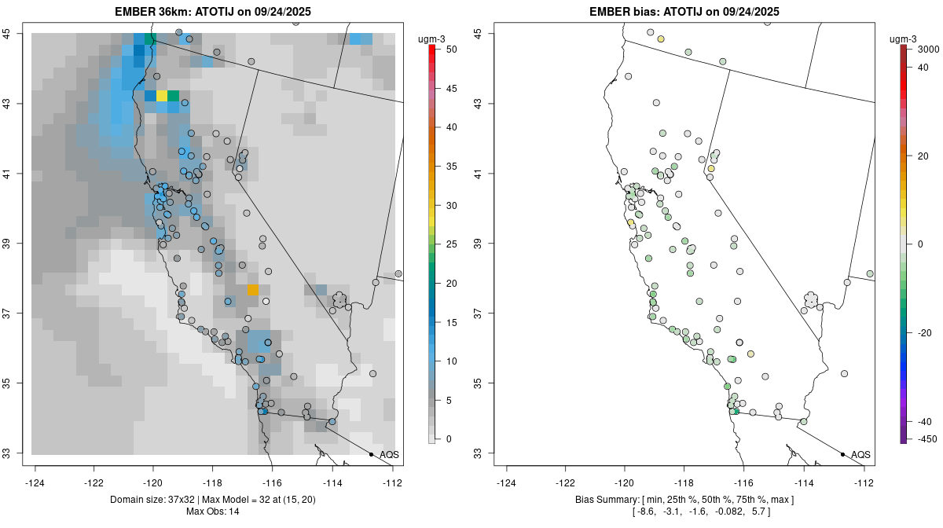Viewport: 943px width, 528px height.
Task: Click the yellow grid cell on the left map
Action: pyautogui.click(x=161, y=96)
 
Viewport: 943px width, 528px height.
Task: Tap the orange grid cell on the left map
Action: pyautogui.click(x=253, y=290)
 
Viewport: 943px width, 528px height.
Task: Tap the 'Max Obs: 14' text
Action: pyautogui.click(x=212, y=511)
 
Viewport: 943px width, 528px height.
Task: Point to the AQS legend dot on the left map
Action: pyautogui.click(x=371, y=454)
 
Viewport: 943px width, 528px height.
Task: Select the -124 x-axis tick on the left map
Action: pyautogui.click(x=35, y=482)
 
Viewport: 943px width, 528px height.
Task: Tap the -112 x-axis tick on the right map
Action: pyautogui.click(x=864, y=482)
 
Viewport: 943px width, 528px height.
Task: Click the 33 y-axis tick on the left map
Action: pyautogui.click(x=15, y=453)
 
